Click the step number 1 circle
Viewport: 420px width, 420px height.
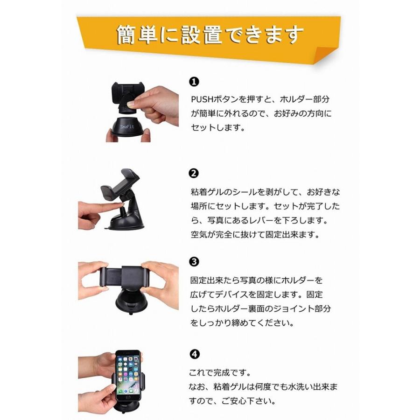(x=194, y=81)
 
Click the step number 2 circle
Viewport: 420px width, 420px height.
(x=194, y=173)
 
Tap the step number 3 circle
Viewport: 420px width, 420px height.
(x=194, y=262)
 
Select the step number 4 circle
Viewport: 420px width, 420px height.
(x=195, y=354)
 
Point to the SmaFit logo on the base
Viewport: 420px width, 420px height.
(x=127, y=126)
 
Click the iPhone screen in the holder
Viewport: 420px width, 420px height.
(x=128, y=375)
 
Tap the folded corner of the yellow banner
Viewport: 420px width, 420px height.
(x=325, y=55)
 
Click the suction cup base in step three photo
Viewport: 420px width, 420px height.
(x=131, y=302)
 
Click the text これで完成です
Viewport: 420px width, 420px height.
(x=220, y=372)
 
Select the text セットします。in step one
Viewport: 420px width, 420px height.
(x=218, y=127)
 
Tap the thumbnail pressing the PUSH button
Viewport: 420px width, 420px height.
(x=131, y=104)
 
